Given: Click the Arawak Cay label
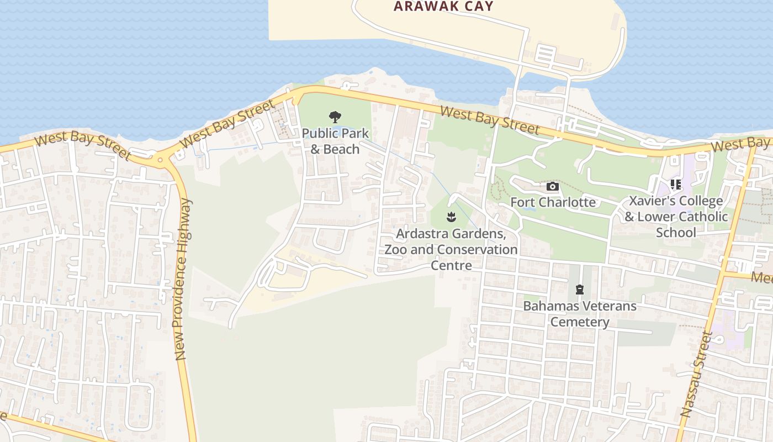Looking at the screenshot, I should point(443,7).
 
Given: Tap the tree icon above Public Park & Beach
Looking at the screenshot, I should point(335,117).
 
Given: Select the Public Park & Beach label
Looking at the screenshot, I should point(335,141).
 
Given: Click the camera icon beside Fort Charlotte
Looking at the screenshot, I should point(552,187).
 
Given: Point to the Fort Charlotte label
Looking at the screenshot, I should point(553,202).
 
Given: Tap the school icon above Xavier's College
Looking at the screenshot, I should point(675,185).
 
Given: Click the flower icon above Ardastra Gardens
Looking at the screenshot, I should point(451,217).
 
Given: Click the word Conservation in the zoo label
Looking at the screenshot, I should point(476,249).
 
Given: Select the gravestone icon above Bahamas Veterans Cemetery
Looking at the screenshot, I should point(579,290).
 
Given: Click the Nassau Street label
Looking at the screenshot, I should point(697,374).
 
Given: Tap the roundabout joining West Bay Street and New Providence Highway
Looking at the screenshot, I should point(160,160).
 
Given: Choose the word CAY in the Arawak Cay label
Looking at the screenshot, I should point(475,7).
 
